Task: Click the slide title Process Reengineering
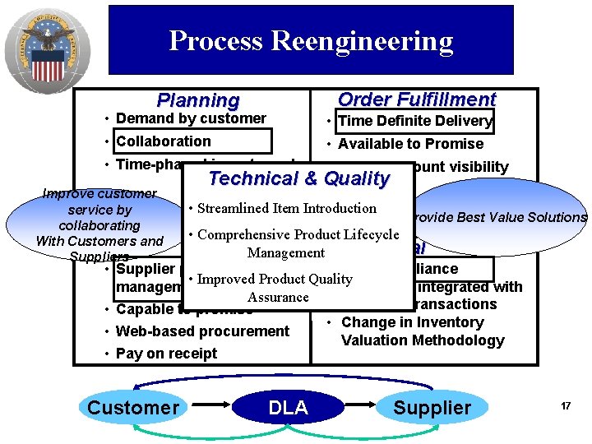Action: pos(311,41)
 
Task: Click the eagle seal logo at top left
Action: pos(46,48)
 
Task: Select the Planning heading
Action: pos(198,100)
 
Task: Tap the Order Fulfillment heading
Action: pos(417,99)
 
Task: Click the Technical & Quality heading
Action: pos(298,178)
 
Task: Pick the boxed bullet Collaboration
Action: pos(164,141)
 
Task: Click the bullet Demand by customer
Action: pos(191,118)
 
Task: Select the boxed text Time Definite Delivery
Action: pos(415,121)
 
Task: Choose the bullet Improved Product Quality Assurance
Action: pos(276,288)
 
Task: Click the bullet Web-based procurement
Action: pos(202,331)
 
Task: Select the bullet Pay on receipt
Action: pos(166,354)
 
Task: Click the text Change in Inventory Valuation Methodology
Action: pos(423,331)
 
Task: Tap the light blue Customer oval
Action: pos(132,408)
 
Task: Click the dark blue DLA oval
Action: pos(288,408)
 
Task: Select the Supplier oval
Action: pos(432,408)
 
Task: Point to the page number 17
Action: pos(566,406)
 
